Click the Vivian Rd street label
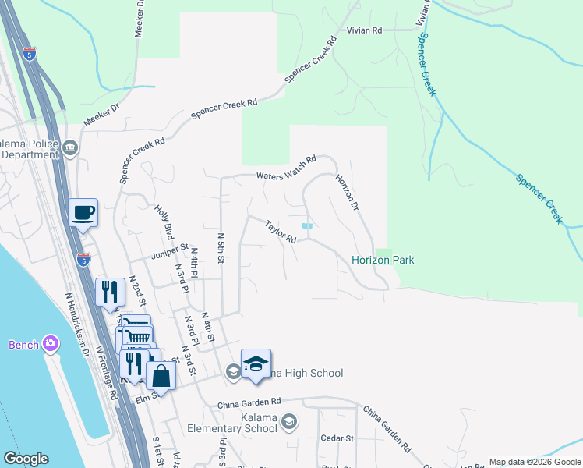pyautogui.click(x=365, y=30)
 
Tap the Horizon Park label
pyautogui.click(x=382, y=260)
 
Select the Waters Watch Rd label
pyautogui.click(x=286, y=166)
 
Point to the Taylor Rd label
pyautogui.click(x=281, y=231)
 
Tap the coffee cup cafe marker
pyautogui.click(x=83, y=213)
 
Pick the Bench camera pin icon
pyautogui.click(x=51, y=343)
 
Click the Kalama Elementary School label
pyautogui.click(x=232, y=422)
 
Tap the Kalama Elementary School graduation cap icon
pyautogui.click(x=289, y=423)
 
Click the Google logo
pyautogui.click(x=26, y=459)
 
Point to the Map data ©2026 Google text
pyautogui.click(x=535, y=462)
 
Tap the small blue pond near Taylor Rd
pyautogui.click(x=307, y=226)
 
